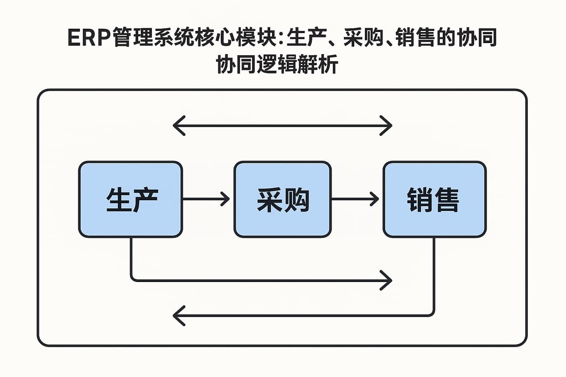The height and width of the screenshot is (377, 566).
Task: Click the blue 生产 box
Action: point(130,199)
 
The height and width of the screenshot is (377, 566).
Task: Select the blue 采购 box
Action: point(282,199)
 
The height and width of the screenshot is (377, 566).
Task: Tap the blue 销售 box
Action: point(434,199)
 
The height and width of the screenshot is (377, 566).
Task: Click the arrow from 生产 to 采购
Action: point(206,199)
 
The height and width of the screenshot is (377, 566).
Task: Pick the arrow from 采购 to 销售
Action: point(355,199)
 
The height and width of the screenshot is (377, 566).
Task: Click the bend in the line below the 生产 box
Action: point(132,280)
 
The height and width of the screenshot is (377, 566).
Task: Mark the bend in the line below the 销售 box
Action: point(433,315)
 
